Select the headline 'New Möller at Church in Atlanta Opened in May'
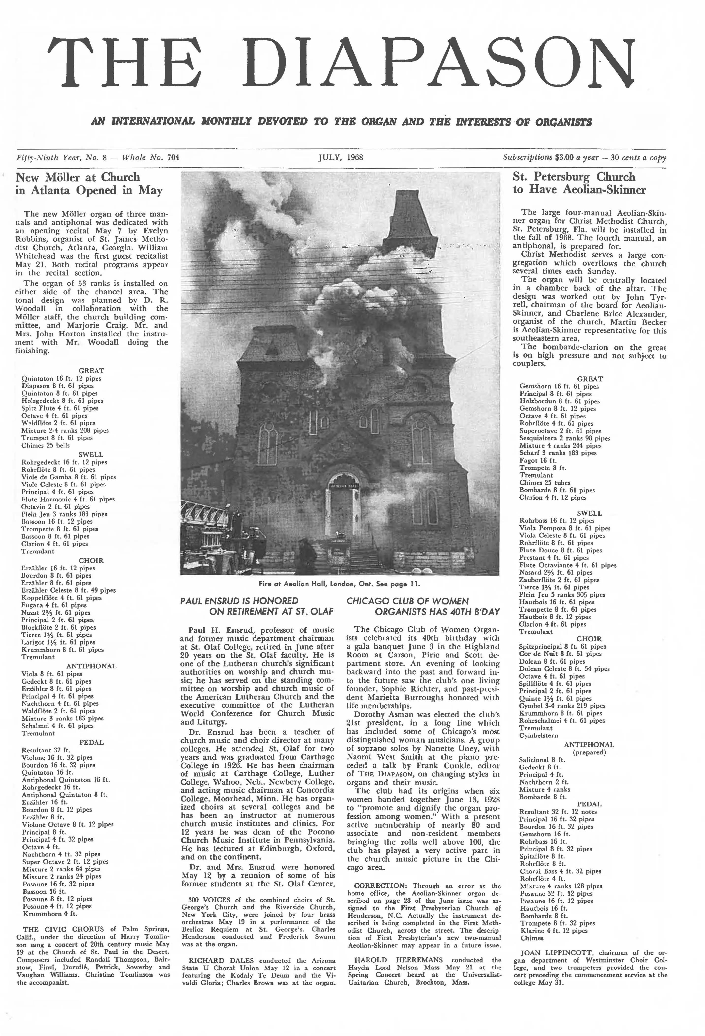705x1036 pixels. point(89,184)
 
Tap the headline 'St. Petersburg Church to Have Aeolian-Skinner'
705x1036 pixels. point(579,183)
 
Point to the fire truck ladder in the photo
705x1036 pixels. point(209,531)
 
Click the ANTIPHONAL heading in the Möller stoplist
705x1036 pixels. point(91,666)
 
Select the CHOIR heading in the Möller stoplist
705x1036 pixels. point(91,560)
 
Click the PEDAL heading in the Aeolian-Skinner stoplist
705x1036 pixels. point(589,804)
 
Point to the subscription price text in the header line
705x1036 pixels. point(584,157)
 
